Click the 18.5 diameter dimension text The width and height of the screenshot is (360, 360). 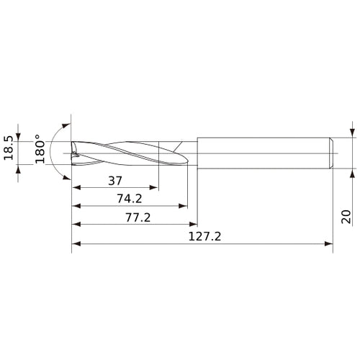pos(9,150)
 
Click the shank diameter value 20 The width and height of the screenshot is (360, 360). pos(346,217)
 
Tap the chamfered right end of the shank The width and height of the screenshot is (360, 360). pos(330,152)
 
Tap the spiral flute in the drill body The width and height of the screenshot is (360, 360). pos(130,152)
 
